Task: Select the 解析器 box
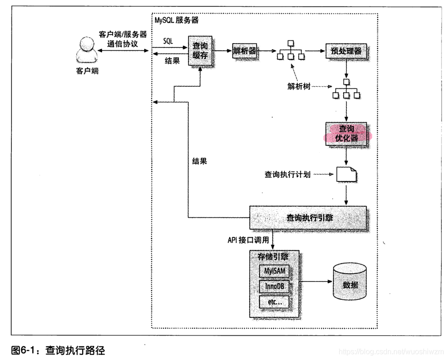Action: (x=244, y=51)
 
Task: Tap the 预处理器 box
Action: (x=346, y=51)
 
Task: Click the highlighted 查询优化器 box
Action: (x=347, y=133)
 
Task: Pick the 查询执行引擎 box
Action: (x=308, y=218)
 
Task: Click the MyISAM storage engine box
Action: (x=275, y=271)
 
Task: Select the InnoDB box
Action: (x=275, y=287)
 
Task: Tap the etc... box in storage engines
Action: (x=275, y=302)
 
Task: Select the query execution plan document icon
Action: (x=346, y=175)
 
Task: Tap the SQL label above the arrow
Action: (x=169, y=41)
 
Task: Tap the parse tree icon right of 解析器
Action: (x=290, y=51)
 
